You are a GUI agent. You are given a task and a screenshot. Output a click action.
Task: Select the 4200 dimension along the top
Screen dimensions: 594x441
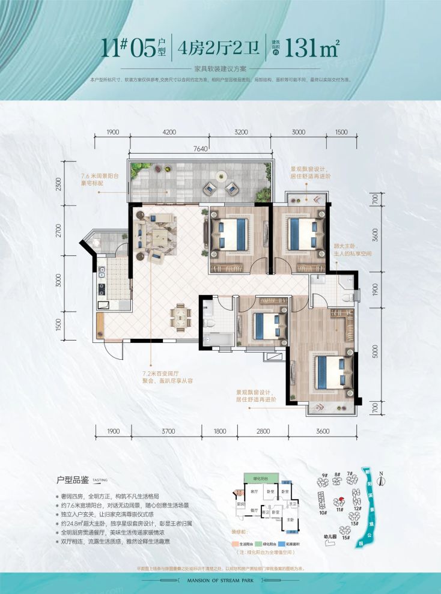tap(169, 132)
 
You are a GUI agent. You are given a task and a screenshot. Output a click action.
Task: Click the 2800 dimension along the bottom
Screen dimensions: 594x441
tap(262, 431)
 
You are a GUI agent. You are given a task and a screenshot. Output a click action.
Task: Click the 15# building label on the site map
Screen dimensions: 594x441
tap(345, 539)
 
